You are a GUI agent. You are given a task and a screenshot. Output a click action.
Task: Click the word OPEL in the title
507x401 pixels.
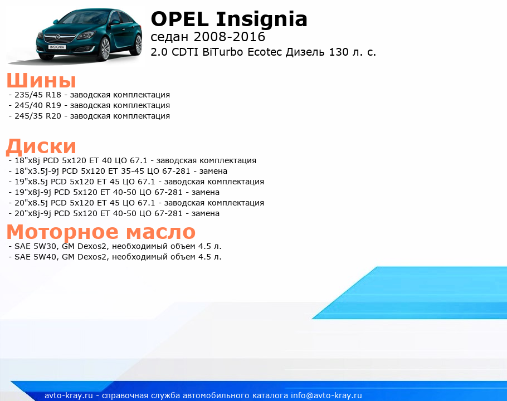[x=179, y=19]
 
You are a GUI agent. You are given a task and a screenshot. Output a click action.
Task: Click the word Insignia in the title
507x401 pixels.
[x=262, y=20]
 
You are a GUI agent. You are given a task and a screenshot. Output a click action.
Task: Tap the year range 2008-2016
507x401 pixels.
[x=229, y=37]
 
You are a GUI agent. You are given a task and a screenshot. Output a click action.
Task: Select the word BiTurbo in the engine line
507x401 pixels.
[x=223, y=52]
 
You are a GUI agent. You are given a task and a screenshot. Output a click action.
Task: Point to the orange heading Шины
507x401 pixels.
[x=41, y=80]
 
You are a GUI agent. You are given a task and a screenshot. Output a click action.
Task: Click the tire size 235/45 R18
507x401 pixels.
[x=38, y=95]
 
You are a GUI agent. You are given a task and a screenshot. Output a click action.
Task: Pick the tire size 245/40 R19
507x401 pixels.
[x=38, y=105]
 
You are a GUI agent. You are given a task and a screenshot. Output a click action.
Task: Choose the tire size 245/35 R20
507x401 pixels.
[x=38, y=116]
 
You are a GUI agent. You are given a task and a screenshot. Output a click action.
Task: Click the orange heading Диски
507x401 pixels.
[x=41, y=146]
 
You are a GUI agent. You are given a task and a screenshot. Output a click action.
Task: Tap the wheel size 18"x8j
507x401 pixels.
[x=27, y=160]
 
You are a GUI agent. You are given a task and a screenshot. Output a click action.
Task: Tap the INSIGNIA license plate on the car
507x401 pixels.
[x=57, y=47]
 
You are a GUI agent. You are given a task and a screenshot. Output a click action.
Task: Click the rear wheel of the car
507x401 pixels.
[x=138, y=44]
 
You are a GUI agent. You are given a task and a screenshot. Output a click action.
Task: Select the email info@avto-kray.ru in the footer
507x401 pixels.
[x=326, y=395]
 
